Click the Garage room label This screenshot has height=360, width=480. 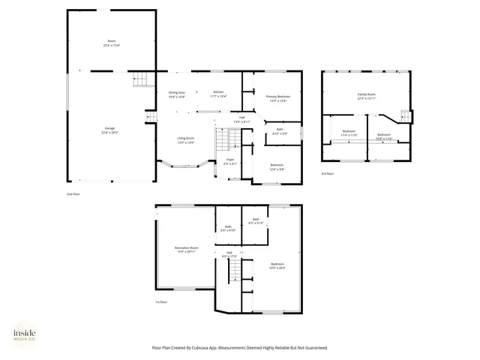pyautogui.click(x=110, y=130)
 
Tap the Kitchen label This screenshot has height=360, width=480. pyautogui.click(x=217, y=94)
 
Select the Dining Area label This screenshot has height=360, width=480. pyautogui.click(x=177, y=94)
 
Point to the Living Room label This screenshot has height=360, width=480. pyautogui.click(x=186, y=140)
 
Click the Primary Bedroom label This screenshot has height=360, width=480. pyautogui.click(x=277, y=98)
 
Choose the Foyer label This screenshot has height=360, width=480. pyautogui.click(x=230, y=161)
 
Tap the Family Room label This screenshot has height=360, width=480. pyautogui.click(x=366, y=96)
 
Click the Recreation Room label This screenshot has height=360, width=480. pyautogui.click(x=186, y=249)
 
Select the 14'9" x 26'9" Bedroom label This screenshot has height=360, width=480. pyautogui.click(x=277, y=265)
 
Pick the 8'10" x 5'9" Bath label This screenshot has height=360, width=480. pyautogui.click(x=279, y=131)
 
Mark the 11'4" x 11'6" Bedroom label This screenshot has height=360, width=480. pyautogui.click(x=349, y=133)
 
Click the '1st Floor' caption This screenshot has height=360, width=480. pyautogui.click(x=160, y=302)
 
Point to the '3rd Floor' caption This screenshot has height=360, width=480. pyautogui.click(x=326, y=173)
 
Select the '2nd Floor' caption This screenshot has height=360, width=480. pyautogui.click(x=73, y=193)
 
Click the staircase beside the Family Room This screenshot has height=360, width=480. pyautogui.click(x=406, y=115)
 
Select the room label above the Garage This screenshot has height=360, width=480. pyautogui.click(x=112, y=43)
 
